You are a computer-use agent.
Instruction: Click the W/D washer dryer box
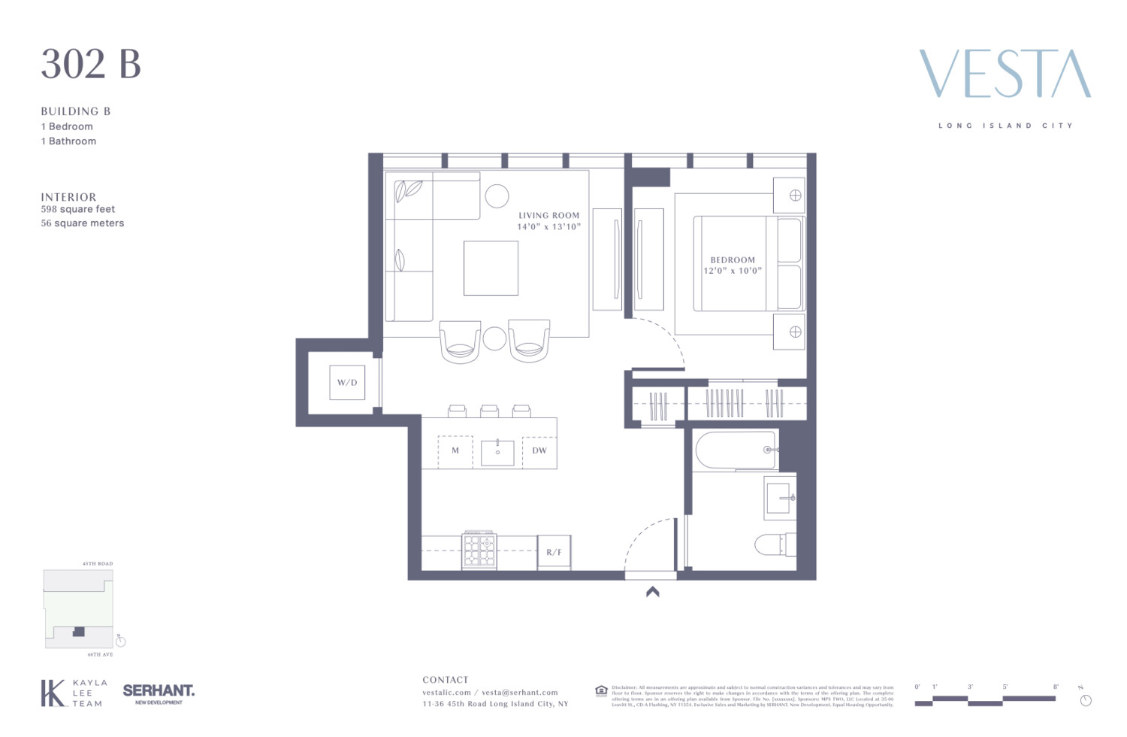347,383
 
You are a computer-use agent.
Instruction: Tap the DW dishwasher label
539,451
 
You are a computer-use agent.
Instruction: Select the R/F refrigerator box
554,552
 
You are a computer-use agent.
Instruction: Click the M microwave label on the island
455,451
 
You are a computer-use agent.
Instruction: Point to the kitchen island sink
497,453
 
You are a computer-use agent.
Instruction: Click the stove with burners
479,550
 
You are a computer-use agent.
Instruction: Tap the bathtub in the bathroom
736,450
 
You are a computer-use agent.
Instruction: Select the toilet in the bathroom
774,544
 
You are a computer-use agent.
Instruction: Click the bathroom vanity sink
779,498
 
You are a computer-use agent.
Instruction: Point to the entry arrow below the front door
653,592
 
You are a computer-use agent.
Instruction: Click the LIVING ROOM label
548,215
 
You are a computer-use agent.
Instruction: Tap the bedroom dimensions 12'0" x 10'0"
733,271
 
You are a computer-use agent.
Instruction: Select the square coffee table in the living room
491,268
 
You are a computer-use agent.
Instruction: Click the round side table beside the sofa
497,196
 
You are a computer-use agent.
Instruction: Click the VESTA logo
1005,74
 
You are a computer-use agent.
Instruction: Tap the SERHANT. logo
159,690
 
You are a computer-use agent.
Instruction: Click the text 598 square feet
78,209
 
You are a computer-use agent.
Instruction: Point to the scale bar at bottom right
986,700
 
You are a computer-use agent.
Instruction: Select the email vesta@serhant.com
520,693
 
